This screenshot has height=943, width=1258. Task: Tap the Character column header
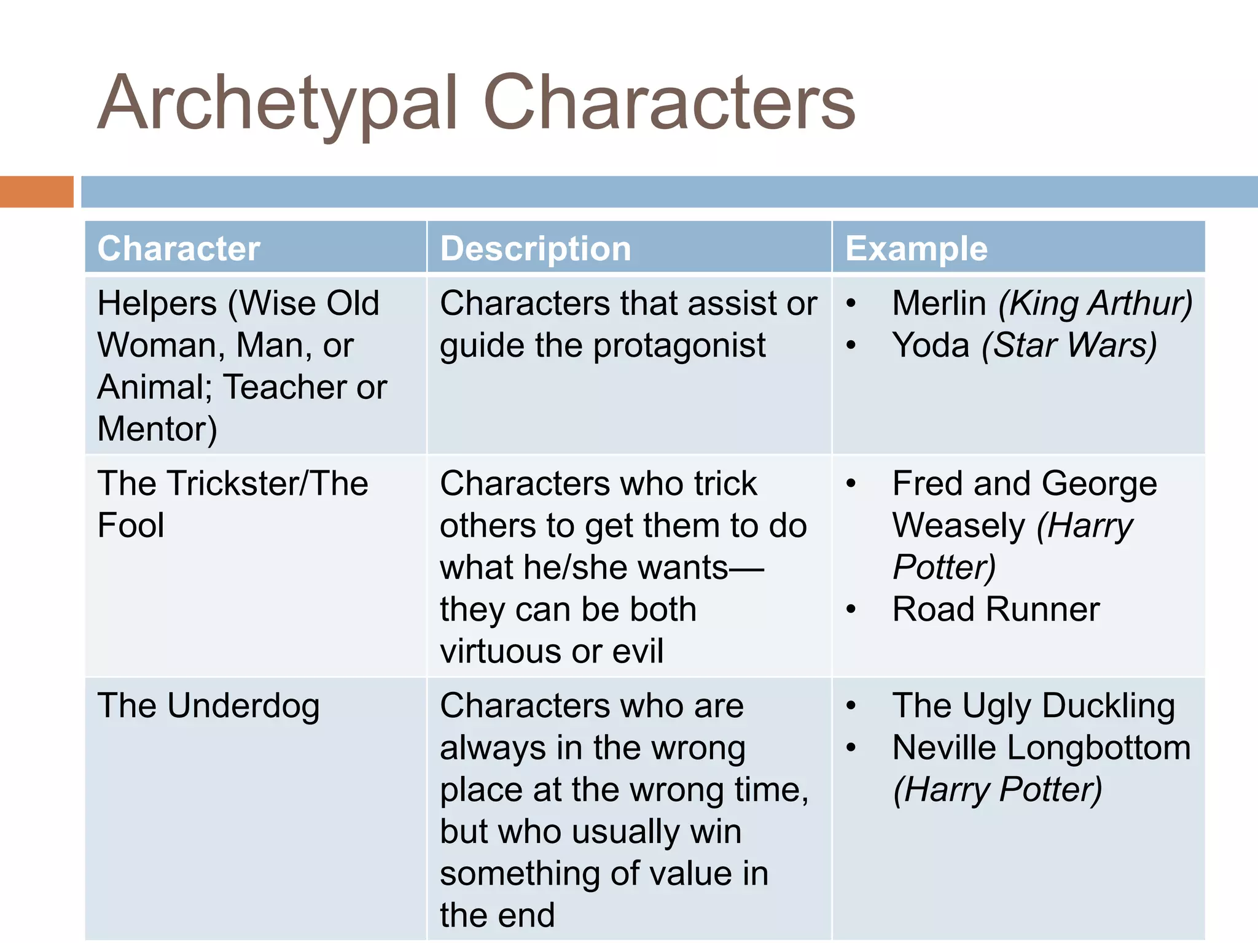click(179, 249)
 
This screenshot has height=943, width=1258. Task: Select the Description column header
click(536, 249)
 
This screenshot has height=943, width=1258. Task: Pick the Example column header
click(916, 249)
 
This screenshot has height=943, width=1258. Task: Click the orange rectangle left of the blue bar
click(36, 192)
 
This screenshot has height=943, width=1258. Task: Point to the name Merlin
click(939, 303)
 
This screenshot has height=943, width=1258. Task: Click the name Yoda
click(931, 345)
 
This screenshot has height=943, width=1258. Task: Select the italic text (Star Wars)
click(1069, 345)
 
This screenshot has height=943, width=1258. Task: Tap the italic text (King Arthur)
click(1095, 303)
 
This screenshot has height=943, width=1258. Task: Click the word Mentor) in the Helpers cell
click(157, 429)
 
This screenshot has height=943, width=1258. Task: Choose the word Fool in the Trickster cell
click(131, 526)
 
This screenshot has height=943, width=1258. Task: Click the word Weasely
click(959, 526)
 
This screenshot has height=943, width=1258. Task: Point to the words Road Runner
click(996, 609)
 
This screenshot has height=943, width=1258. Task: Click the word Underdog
click(243, 706)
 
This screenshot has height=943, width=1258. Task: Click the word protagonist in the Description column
click(679, 345)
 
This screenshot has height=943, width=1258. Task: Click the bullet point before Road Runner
click(851, 609)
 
